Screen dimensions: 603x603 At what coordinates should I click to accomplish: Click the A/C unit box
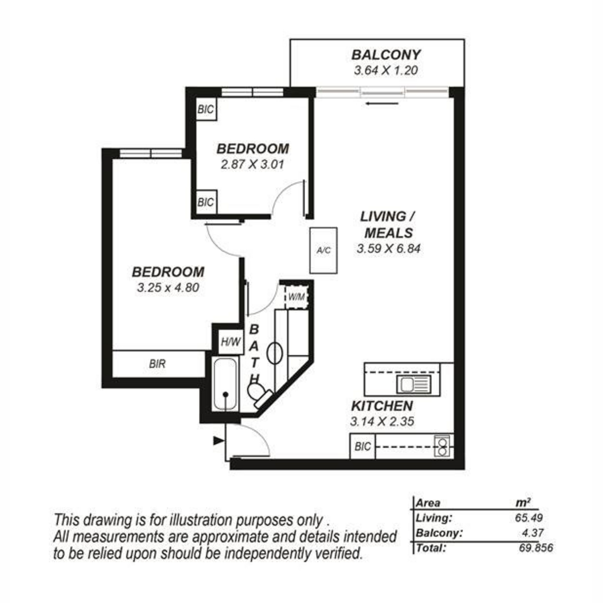tap(323, 250)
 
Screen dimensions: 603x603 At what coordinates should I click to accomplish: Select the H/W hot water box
tap(231, 342)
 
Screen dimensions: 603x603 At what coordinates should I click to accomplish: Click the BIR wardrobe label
tap(157, 364)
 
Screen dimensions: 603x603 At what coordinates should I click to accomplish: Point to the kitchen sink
tap(414, 384)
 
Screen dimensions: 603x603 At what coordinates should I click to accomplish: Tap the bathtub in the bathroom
tap(225, 384)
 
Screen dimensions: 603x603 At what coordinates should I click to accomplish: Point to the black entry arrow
tap(219, 441)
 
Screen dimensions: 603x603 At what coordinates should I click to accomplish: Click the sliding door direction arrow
tap(382, 104)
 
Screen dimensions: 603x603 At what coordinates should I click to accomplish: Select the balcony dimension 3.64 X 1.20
tap(386, 70)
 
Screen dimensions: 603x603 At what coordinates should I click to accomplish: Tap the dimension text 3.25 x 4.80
tap(168, 287)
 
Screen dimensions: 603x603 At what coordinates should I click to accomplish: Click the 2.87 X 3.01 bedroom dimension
tap(252, 165)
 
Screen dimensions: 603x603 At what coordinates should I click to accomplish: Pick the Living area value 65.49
tap(529, 518)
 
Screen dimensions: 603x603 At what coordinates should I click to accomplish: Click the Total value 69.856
tap(536, 548)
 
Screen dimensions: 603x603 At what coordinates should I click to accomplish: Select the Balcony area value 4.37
tap(533, 533)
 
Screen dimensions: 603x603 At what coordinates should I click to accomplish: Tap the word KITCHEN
tap(382, 406)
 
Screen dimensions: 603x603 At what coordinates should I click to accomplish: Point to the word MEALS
tap(389, 233)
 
